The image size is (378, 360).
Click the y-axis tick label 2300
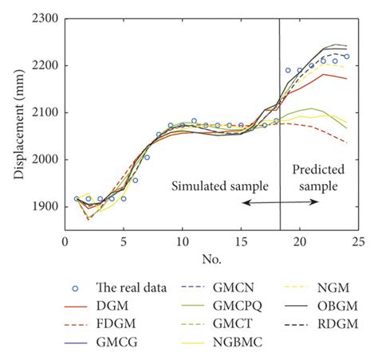tap(45, 18)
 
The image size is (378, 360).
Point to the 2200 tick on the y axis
tap(45, 65)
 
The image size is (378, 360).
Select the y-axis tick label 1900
tap(45, 207)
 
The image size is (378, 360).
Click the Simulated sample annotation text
tap(220, 185)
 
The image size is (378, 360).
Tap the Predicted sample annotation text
tap(317, 177)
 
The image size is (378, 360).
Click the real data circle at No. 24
tap(347, 57)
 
